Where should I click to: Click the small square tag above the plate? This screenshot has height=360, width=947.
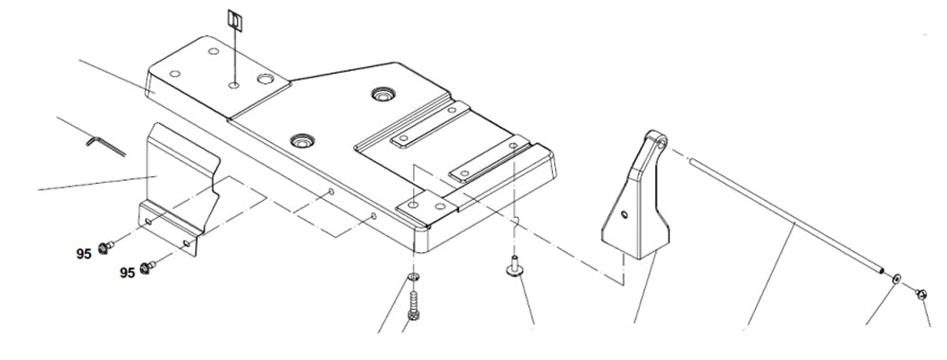pyautogui.click(x=234, y=19)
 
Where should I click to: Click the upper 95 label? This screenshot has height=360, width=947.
pyautogui.click(x=84, y=254)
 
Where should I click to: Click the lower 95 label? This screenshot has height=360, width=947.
pyautogui.click(x=126, y=273)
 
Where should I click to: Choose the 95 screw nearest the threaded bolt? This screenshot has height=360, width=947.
pyautogui.click(x=148, y=268)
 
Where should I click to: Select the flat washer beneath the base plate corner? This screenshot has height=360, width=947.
pyautogui.click(x=414, y=277)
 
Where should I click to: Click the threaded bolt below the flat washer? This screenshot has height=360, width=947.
pyautogui.click(x=413, y=305)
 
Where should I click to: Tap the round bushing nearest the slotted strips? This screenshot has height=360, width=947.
pyautogui.click(x=384, y=94)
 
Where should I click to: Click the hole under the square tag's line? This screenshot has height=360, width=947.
pyautogui.click(x=233, y=85)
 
